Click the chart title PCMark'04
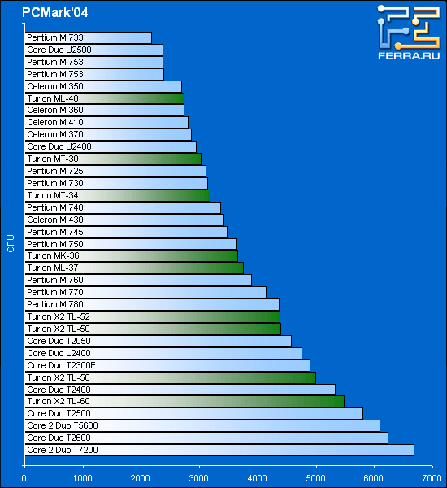click(x=54, y=12)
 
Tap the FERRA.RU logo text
click(x=409, y=55)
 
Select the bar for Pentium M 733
click(x=88, y=37)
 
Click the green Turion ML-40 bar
click(x=105, y=98)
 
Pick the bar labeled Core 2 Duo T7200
click(x=219, y=450)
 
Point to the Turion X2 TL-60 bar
click(x=184, y=402)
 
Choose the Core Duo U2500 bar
click(x=93, y=50)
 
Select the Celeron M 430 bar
click(x=124, y=220)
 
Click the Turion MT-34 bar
click(x=117, y=196)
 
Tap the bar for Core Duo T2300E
click(x=167, y=365)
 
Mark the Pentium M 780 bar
click(x=152, y=304)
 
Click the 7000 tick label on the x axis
click(x=432, y=478)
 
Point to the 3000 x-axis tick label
click(x=199, y=478)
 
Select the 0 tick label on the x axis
click(x=24, y=478)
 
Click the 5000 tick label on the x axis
click(x=315, y=478)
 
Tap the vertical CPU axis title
click(x=11, y=243)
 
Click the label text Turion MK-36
click(x=53, y=255)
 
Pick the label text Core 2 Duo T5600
click(x=63, y=425)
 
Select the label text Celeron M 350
click(x=55, y=86)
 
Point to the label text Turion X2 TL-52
click(x=59, y=316)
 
